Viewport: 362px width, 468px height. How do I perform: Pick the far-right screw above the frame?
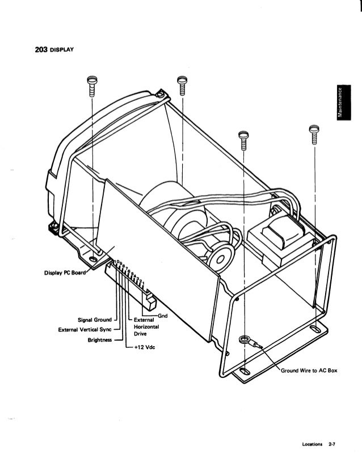312,134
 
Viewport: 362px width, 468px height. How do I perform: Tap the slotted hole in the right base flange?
315,329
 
